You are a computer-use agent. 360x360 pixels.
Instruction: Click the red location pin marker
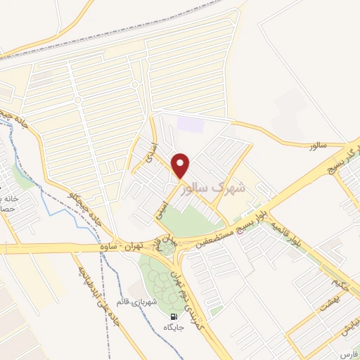click(181, 166)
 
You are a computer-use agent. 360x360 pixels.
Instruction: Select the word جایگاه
click(173, 328)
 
